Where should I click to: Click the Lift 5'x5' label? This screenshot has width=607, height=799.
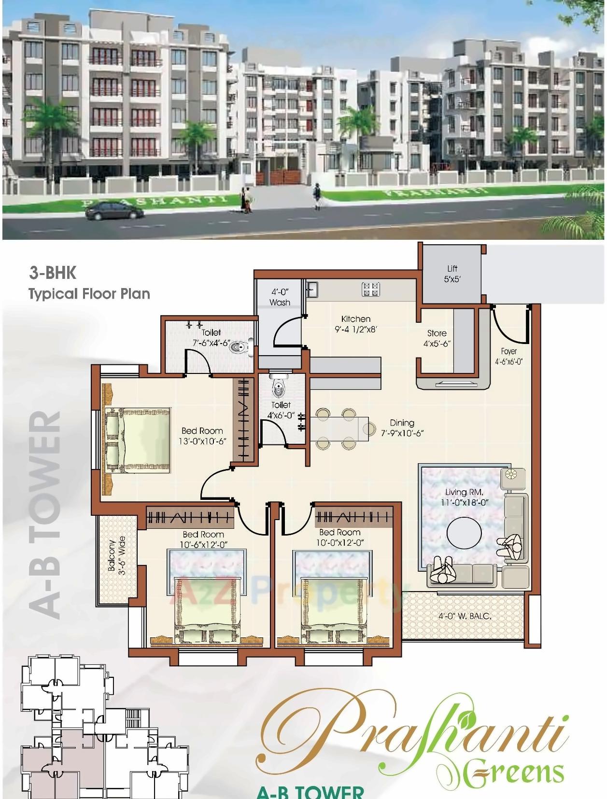pyautogui.click(x=452, y=274)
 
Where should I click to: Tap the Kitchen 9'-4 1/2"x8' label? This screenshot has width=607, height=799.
pyautogui.click(x=356, y=324)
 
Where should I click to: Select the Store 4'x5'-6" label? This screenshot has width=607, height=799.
pyautogui.click(x=437, y=338)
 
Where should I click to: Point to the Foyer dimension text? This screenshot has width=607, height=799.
pyautogui.click(x=509, y=361)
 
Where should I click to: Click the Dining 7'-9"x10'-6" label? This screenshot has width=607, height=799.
pyautogui.click(x=402, y=428)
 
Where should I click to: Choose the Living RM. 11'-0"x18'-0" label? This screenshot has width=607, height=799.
pyautogui.click(x=464, y=497)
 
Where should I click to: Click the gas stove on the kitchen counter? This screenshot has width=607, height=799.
pyautogui.click(x=371, y=289)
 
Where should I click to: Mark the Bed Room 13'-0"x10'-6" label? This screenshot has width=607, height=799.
pyautogui.click(x=202, y=436)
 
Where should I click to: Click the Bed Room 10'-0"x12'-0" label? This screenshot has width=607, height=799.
pyautogui.click(x=340, y=537)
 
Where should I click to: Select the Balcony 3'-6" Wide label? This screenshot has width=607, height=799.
pyautogui.click(x=116, y=555)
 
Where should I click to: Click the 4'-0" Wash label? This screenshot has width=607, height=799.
pyautogui.click(x=280, y=297)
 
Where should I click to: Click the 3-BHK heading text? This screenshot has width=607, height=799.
pyautogui.click(x=53, y=273)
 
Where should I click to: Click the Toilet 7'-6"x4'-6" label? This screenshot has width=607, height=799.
pyautogui.click(x=211, y=338)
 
